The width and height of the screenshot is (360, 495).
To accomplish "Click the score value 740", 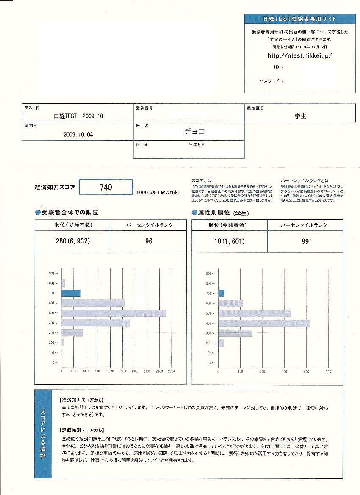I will point(106,187).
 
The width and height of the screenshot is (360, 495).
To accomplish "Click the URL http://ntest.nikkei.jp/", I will point(299,55).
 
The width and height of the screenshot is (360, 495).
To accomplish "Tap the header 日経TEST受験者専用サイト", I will point(299,19).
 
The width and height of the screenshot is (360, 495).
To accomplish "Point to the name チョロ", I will point(195,131).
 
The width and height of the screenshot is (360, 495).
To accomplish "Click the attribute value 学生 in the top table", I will point(300,116).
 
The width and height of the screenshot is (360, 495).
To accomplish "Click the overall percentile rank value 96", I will point(148,241).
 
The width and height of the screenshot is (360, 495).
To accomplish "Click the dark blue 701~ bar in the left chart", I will point(71,293).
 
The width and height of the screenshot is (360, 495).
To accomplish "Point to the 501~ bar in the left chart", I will point(114,313).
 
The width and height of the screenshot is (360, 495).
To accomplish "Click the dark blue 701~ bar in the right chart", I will point(221,293).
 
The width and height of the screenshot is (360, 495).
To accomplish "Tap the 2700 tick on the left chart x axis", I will point(171,371).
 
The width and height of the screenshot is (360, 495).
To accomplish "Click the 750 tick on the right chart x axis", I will point(328,371).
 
